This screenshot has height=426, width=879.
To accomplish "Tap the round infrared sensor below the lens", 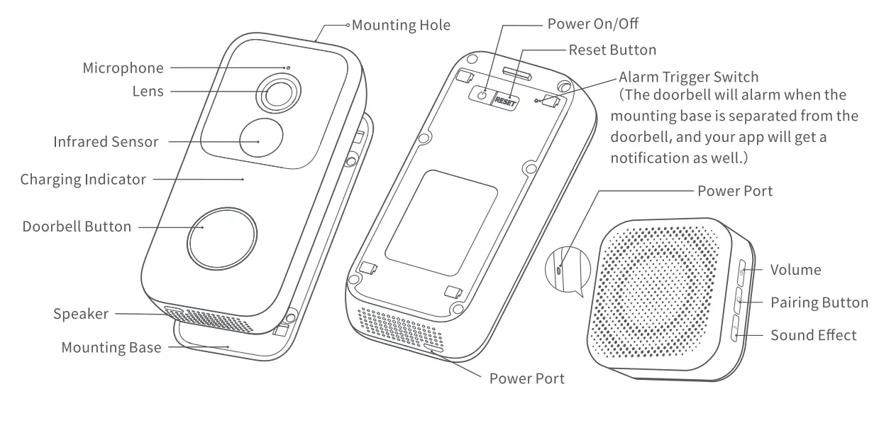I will pyautogui.click(x=260, y=140).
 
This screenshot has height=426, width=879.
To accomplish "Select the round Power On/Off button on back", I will pyautogui.click(x=482, y=95).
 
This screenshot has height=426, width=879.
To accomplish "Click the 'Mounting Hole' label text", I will pyautogui.click(x=401, y=26).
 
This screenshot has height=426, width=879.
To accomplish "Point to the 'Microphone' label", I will pyautogui.click(x=123, y=68).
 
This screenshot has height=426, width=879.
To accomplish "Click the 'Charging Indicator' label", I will pyautogui.click(x=83, y=180).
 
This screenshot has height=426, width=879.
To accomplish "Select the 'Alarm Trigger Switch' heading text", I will pyautogui.click(x=688, y=77).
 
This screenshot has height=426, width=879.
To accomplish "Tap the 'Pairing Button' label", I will pyautogui.click(x=819, y=303).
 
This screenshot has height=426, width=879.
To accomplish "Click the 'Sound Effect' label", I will pyautogui.click(x=814, y=335).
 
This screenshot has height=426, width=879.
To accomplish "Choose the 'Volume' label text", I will pyautogui.click(x=795, y=270).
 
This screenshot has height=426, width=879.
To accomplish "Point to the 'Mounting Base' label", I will pyautogui.click(x=111, y=348).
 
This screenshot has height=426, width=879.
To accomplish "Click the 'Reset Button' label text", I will pyautogui.click(x=612, y=50).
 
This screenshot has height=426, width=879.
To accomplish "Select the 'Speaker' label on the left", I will pyautogui.click(x=81, y=314).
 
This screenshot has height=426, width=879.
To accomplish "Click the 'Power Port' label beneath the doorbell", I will pyautogui.click(x=527, y=378).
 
